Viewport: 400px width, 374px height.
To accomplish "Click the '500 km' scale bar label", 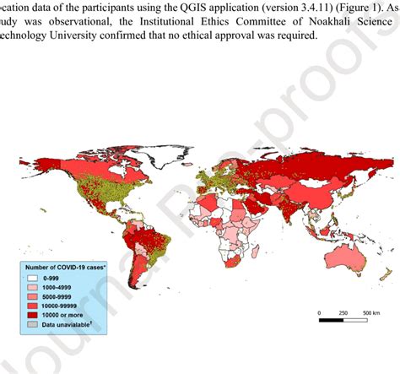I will click(370, 312).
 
